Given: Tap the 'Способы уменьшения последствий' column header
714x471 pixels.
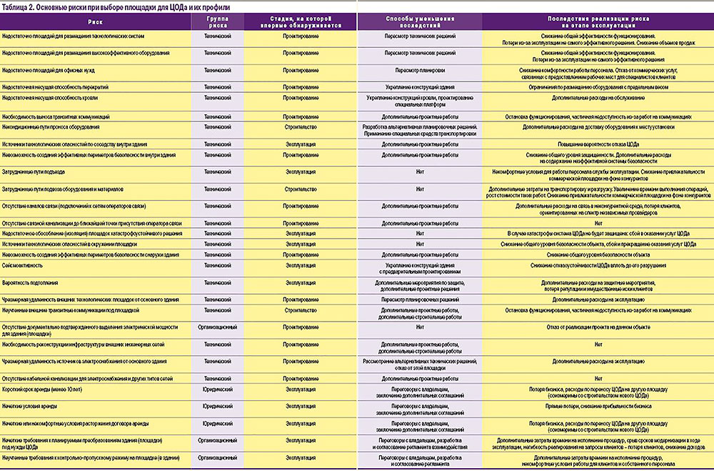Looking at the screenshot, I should point(420,21).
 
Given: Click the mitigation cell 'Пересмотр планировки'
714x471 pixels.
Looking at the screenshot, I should point(420,71).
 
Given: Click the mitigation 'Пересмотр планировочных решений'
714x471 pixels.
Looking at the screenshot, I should point(420,299).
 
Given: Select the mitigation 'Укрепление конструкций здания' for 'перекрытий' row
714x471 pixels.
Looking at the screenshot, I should point(420,86).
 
